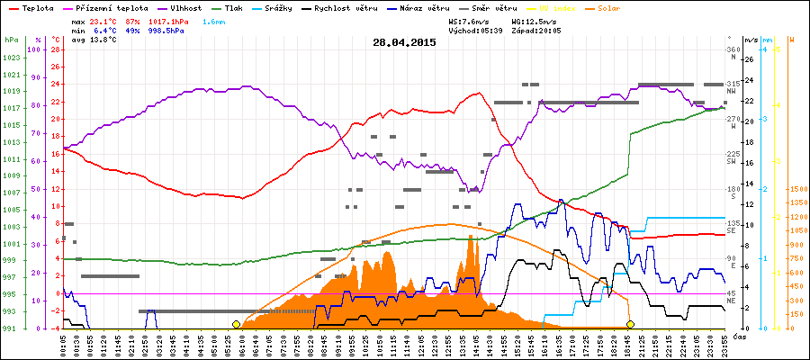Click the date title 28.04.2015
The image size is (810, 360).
click(404, 41)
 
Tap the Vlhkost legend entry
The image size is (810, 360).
click(186, 8)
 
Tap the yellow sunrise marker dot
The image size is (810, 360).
click(236, 324)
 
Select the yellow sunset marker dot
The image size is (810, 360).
click(630, 324)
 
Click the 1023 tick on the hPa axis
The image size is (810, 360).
click(11, 58)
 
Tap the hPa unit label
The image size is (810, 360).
click(11, 40)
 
